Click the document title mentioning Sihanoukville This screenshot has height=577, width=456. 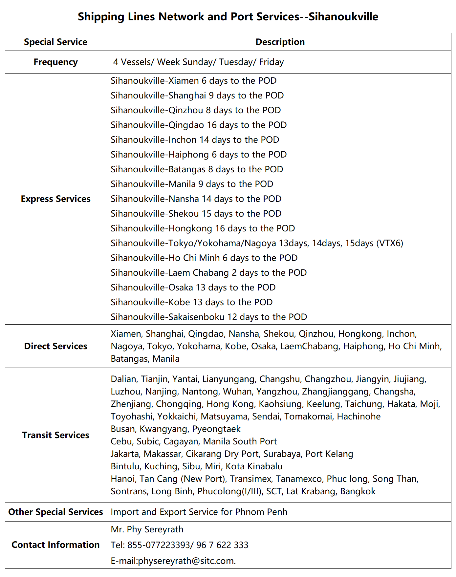pos(228,17)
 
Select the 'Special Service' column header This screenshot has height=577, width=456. pos(55,42)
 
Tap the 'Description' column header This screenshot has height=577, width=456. pos(280,42)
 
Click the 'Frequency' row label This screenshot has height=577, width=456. pos(55,62)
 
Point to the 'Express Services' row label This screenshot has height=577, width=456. pos(55,199)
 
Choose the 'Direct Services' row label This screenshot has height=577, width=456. pos(55,346)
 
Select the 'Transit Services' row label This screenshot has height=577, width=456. pos(55,435)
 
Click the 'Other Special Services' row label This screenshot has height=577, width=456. pos(55,512)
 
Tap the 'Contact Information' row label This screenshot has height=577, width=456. pos(55,545)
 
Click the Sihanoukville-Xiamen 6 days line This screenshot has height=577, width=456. pos(193,81)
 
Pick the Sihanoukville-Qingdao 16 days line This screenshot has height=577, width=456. pos(199,125)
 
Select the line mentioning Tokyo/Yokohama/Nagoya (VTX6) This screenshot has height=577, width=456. pos(257,243)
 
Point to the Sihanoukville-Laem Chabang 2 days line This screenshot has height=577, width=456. pos(208,273)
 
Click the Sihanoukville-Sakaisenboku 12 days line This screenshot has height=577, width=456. pos(209,317)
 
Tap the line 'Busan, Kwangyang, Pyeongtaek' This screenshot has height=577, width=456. pos(176,429)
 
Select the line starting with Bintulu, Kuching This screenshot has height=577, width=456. pos(196,466)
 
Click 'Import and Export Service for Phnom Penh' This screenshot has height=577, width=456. pos(199,512)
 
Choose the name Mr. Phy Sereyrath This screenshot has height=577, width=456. pos(147,529)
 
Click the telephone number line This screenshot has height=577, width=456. pos(179,545)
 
